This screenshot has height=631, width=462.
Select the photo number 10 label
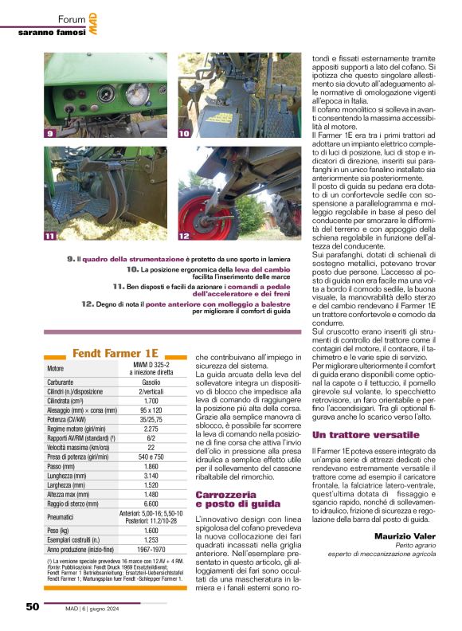pyautogui.click(x=184, y=134)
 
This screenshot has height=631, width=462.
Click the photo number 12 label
pyautogui.click(x=184, y=236)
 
